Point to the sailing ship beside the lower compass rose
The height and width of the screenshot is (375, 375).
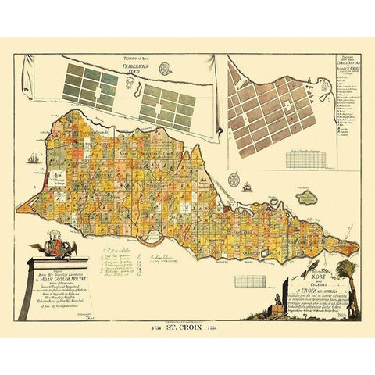point(246,187)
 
